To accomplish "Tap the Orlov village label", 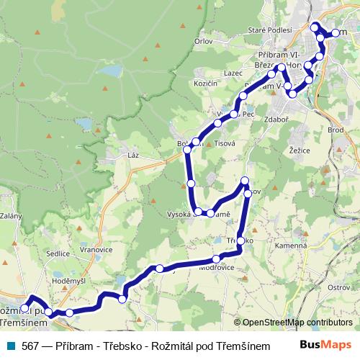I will (x=204, y=42).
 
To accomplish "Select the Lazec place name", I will (x=233, y=73).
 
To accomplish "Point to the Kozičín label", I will (x=206, y=84).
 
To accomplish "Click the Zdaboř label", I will (x=277, y=119).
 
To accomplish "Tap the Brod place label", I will (x=336, y=130).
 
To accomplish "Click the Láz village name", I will (x=132, y=155).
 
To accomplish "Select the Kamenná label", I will (x=293, y=246).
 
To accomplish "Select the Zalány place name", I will (x=11, y=215).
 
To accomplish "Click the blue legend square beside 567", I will (x=10, y=346).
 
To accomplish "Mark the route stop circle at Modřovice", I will (x=217, y=259).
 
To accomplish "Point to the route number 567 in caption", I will (x=30, y=346).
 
